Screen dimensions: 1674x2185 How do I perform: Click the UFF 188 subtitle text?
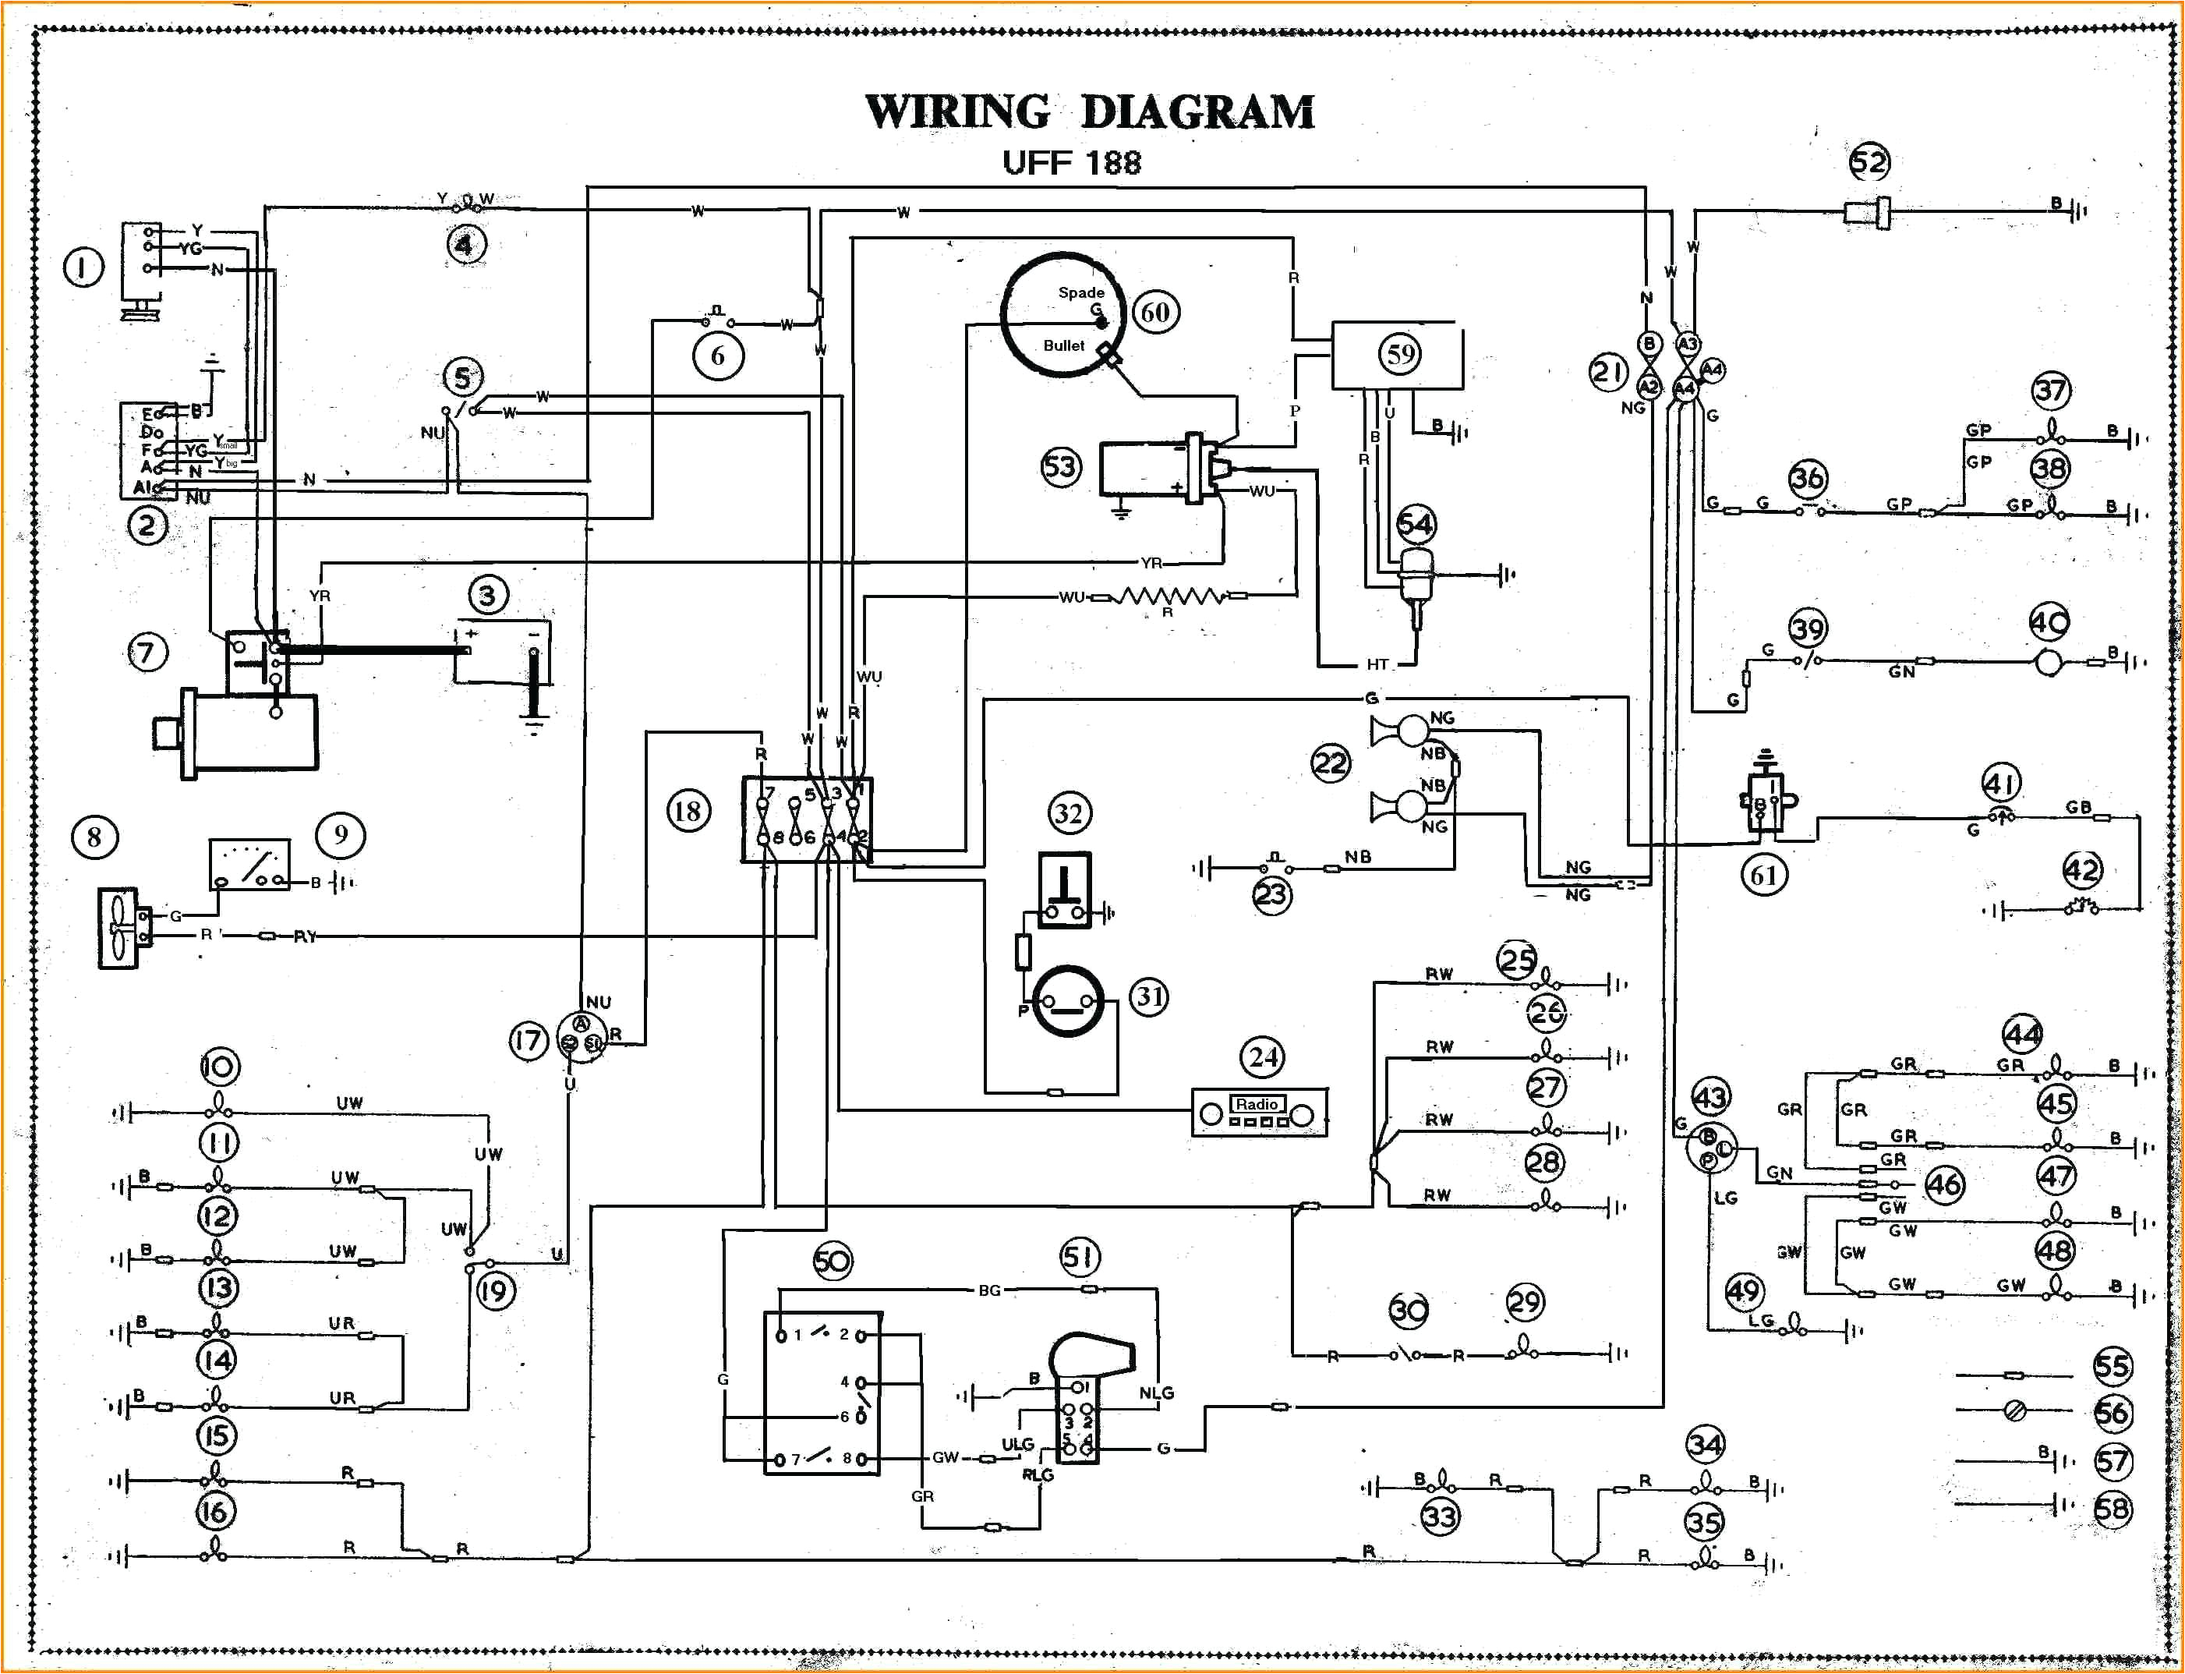pyautogui.click(x=1071, y=162)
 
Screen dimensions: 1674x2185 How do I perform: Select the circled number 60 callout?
pyautogui.click(x=1154, y=313)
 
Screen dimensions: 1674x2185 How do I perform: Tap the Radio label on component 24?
pyautogui.click(x=1257, y=1104)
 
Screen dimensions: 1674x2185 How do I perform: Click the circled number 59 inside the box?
pyautogui.click(x=1400, y=354)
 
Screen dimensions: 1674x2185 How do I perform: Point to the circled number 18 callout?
pyautogui.click(x=688, y=811)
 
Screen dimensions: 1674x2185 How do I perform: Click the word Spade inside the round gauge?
pyautogui.click(x=1080, y=292)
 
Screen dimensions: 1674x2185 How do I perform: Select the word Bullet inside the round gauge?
pyautogui.click(x=1063, y=345)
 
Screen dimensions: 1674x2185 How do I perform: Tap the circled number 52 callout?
pyautogui.click(x=1869, y=162)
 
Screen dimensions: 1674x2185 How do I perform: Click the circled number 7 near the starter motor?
pyautogui.click(x=147, y=653)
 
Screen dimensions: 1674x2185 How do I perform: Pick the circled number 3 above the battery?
pyautogui.click(x=487, y=595)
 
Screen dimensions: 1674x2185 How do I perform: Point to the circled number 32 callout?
pyautogui.click(x=1069, y=813)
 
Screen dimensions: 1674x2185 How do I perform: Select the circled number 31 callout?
pyautogui.click(x=1149, y=996)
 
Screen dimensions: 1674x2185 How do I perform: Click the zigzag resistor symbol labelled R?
pyautogui.click(x=1168, y=598)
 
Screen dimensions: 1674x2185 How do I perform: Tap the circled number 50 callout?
pyautogui.click(x=832, y=1262)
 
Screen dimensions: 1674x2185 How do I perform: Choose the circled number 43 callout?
pyautogui.click(x=1709, y=1097)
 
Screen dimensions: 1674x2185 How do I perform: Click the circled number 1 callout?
pyautogui.click(x=83, y=267)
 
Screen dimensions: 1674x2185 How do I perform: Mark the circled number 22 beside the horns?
pyautogui.click(x=1330, y=764)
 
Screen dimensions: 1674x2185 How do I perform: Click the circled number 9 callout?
pyautogui.click(x=341, y=835)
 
